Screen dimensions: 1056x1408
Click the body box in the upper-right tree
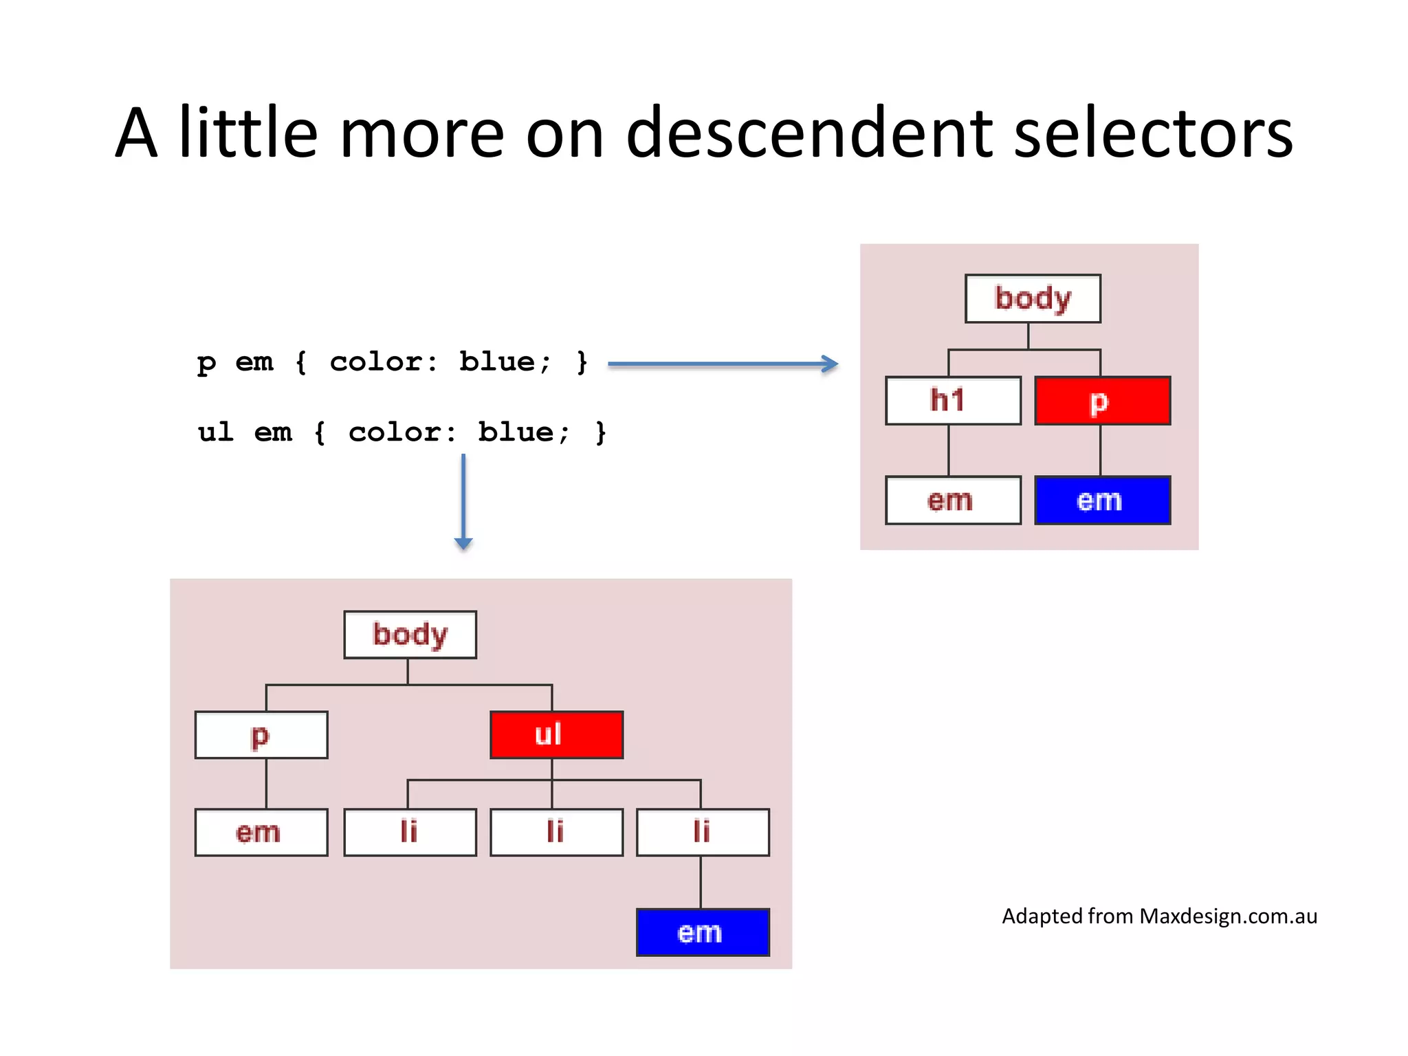(1033, 298)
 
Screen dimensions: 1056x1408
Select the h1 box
(953, 400)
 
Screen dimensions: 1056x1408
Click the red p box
(1102, 400)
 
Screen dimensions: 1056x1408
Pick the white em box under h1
(953, 500)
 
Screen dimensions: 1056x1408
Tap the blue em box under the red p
(1102, 500)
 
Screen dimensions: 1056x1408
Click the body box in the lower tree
(410, 634)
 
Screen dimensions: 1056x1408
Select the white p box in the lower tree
(261, 734)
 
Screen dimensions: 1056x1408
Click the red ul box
(556, 734)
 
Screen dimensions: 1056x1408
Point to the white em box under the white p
(261, 832)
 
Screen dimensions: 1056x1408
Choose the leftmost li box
(410, 832)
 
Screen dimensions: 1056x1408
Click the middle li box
(556, 832)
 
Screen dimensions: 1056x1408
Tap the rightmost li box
(703, 832)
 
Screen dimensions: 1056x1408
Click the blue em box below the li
(703, 932)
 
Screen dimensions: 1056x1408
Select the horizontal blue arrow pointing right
(722, 364)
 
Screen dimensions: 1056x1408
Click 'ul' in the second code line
(215, 432)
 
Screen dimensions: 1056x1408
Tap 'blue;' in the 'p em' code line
(504, 362)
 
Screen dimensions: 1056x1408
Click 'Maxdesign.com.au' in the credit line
(1228, 916)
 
